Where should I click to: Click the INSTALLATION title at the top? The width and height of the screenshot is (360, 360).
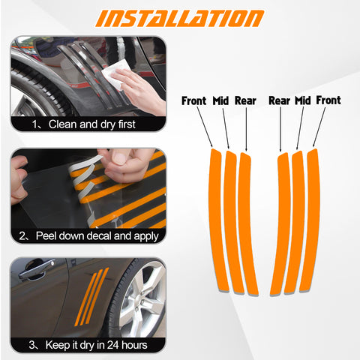181,18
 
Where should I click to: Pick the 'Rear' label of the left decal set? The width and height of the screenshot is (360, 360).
245,100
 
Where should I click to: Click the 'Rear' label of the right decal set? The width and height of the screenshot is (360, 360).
279,100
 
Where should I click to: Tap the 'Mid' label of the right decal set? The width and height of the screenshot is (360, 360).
302,100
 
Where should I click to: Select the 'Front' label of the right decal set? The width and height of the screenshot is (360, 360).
328,100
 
